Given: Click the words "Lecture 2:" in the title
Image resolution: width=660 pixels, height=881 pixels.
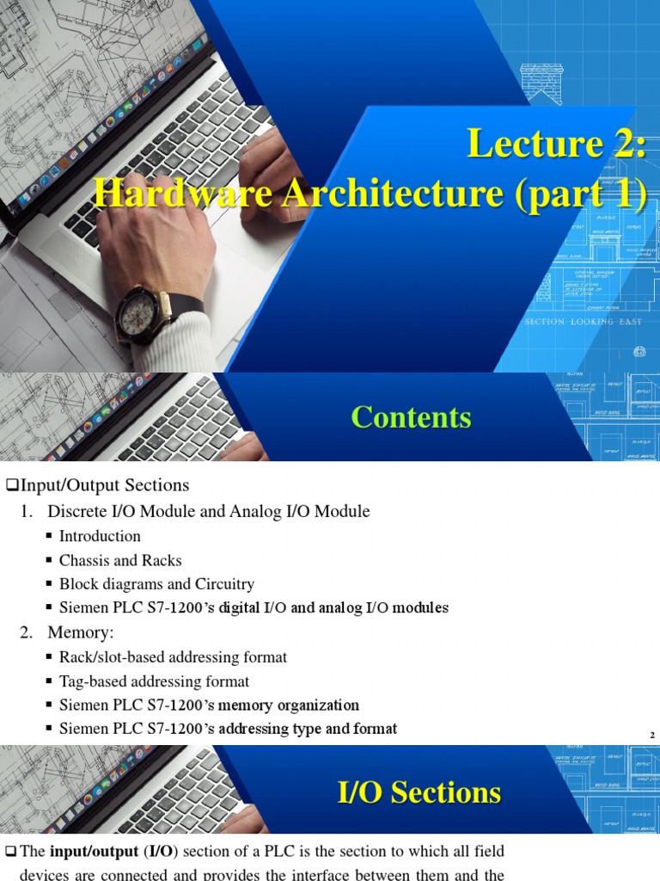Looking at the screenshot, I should tap(556, 143).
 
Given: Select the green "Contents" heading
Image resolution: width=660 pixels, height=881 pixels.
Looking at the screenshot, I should tap(412, 417).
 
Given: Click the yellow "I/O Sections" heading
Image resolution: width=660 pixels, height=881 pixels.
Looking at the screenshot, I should tap(419, 792).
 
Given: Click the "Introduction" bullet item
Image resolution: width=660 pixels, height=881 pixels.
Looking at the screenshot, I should tap(100, 536).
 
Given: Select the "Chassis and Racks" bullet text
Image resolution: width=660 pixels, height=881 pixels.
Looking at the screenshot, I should tap(120, 560).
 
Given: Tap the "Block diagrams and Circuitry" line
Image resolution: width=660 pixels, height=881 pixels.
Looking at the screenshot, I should tap(156, 584).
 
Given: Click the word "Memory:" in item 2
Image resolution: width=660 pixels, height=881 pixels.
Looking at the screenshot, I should tap(82, 632).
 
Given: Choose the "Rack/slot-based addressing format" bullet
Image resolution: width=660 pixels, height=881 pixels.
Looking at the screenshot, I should tap(173, 657).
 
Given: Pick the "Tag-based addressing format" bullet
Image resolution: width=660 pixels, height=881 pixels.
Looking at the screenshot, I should tap(154, 681).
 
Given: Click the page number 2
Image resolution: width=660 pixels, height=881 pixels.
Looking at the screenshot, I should tap(652, 735).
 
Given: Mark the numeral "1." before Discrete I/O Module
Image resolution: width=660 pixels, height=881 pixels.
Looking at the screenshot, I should tap(27, 512).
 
